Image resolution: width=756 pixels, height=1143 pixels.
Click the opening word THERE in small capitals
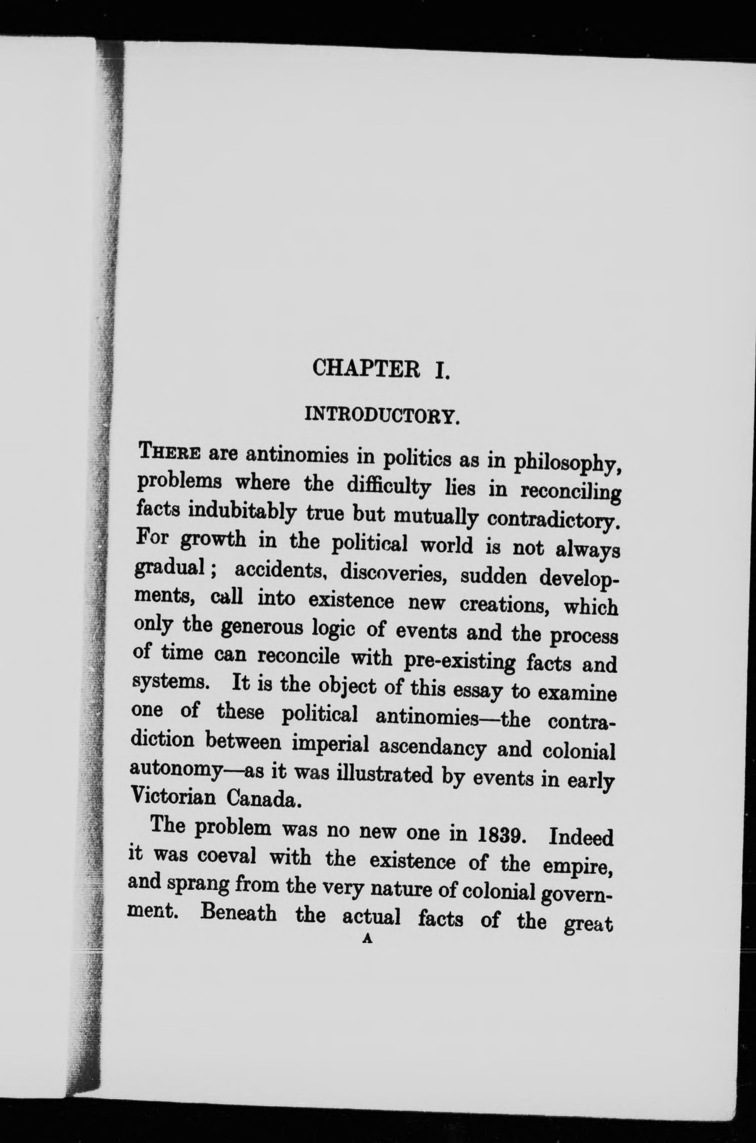(167, 454)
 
